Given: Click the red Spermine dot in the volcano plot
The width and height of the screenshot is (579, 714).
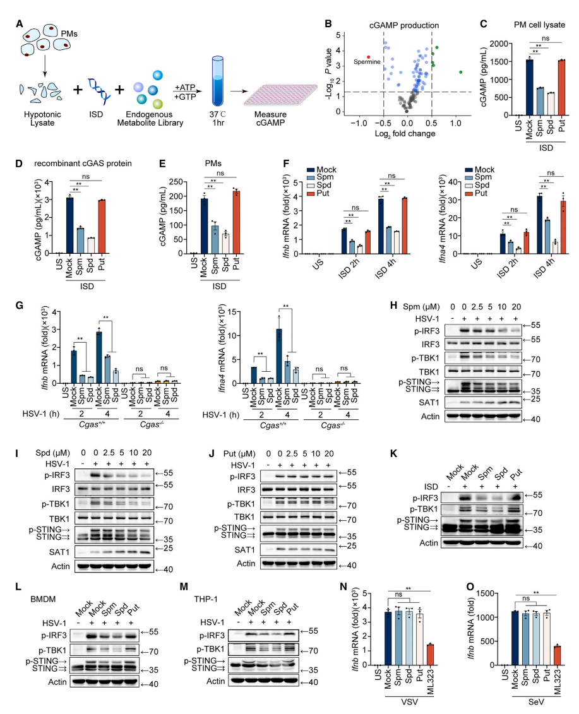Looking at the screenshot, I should coord(369,56).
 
